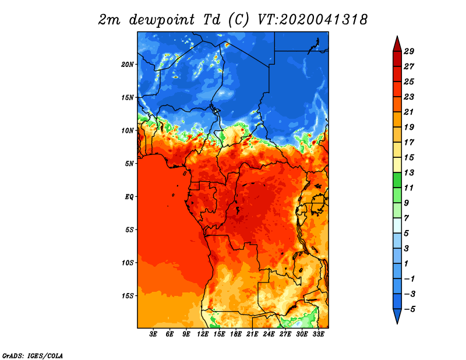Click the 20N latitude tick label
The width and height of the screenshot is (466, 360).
click(128, 64)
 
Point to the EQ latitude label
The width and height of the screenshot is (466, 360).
click(129, 196)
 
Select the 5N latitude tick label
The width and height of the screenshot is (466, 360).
click(129, 164)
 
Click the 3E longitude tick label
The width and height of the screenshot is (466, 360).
click(153, 334)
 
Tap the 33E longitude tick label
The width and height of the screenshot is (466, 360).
click(318, 334)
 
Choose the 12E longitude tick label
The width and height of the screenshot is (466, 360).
click(203, 334)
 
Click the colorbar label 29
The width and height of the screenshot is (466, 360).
click(409, 51)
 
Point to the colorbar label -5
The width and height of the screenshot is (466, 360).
click(409, 309)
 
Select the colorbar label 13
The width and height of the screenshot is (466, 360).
click(409, 172)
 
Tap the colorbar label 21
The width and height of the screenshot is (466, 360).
click(409, 112)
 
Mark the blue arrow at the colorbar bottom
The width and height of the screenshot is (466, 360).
click(397, 315)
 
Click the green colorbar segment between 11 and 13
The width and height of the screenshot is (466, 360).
click(397, 180)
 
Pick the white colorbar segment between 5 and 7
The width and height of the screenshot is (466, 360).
click(397, 225)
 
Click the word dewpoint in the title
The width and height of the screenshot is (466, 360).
click(162, 20)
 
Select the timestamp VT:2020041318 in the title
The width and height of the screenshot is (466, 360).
click(312, 20)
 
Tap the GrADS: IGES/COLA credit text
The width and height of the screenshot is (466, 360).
click(33, 355)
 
